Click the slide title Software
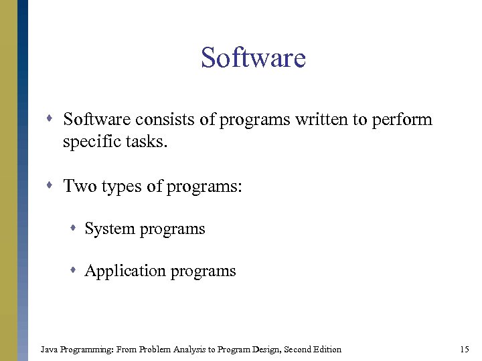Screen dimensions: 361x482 253,58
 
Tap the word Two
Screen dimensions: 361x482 80,186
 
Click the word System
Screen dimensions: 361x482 109,229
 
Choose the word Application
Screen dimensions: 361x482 125,271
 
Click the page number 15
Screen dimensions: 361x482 465,349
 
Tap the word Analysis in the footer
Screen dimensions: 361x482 194,349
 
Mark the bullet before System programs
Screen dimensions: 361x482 75,229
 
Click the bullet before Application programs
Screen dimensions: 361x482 75,271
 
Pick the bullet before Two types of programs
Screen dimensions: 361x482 54,186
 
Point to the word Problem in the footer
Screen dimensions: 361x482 155,349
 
